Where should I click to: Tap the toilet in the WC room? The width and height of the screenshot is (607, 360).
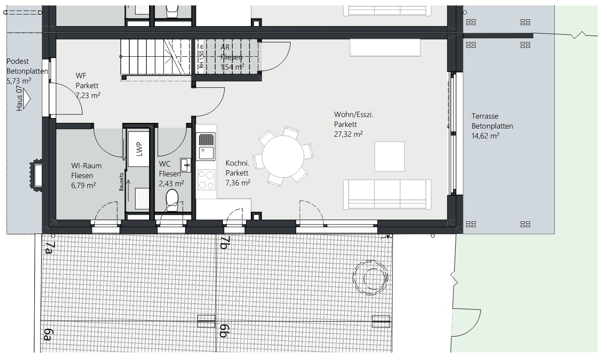pyautogui.click(x=172, y=199)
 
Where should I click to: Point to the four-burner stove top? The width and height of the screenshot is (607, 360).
pyautogui.click(x=206, y=179)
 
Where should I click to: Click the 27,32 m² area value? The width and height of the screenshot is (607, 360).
pyautogui.click(x=349, y=134)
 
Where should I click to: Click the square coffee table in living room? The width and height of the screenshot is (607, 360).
pyautogui.click(x=390, y=156)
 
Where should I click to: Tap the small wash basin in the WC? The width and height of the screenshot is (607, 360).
pyautogui.click(x=185, y=165)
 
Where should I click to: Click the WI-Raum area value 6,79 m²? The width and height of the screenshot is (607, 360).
pyautogui.click(x=83, y=184)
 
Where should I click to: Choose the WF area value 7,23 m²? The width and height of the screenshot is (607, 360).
pyautogui.click(x=88, y=96)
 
